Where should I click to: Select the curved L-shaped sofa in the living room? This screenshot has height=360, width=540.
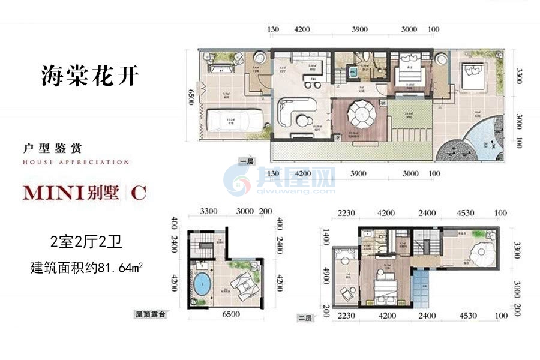point(298,112)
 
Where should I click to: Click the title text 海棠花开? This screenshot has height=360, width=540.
point(90,77)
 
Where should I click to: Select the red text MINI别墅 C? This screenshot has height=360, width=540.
point(84,193)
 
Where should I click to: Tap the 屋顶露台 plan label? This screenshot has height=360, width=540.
point(149,314)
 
